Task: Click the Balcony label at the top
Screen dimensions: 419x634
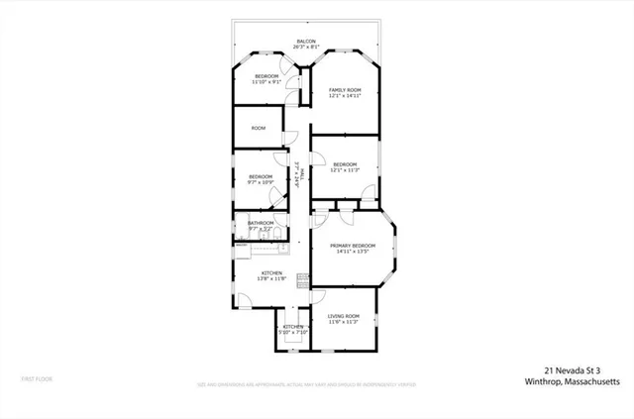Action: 305,42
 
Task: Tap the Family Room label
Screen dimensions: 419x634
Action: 345,90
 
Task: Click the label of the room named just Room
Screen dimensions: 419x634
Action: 259,128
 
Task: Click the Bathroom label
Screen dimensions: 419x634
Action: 261,223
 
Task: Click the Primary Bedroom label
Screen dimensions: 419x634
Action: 352,245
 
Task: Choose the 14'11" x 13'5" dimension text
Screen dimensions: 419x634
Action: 352,252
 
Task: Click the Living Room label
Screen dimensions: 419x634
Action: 343,315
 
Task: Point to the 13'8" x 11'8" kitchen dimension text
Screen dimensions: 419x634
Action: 272,278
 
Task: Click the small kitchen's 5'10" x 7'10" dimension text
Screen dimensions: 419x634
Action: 292,332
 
